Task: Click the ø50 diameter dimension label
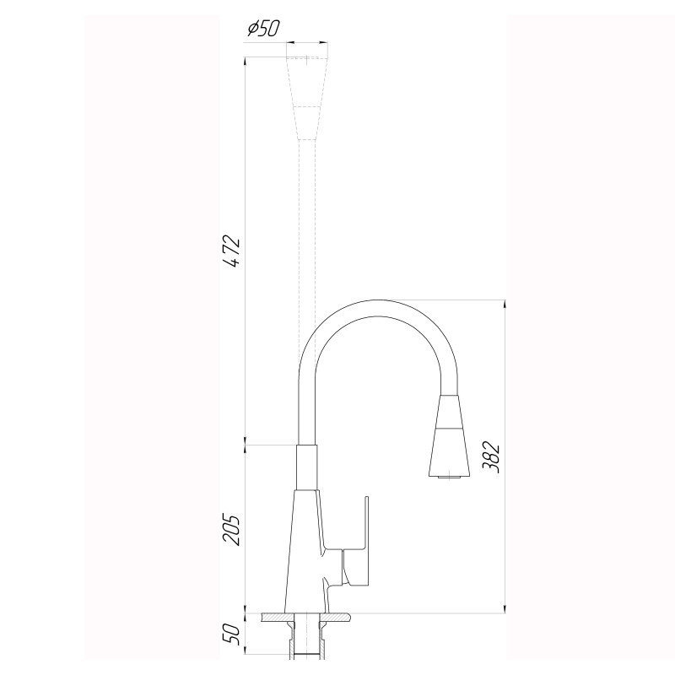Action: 262,29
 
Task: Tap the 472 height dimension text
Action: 234,251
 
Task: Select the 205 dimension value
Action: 234,529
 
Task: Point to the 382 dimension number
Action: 494,457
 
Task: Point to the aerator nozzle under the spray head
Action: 449,479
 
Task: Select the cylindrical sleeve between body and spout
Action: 306,467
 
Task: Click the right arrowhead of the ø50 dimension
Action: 324,42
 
